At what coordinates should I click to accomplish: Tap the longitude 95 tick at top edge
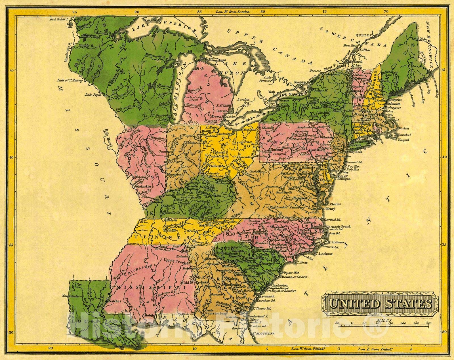click(75, 12)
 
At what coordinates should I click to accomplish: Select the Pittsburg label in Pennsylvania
click(269, 148)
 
